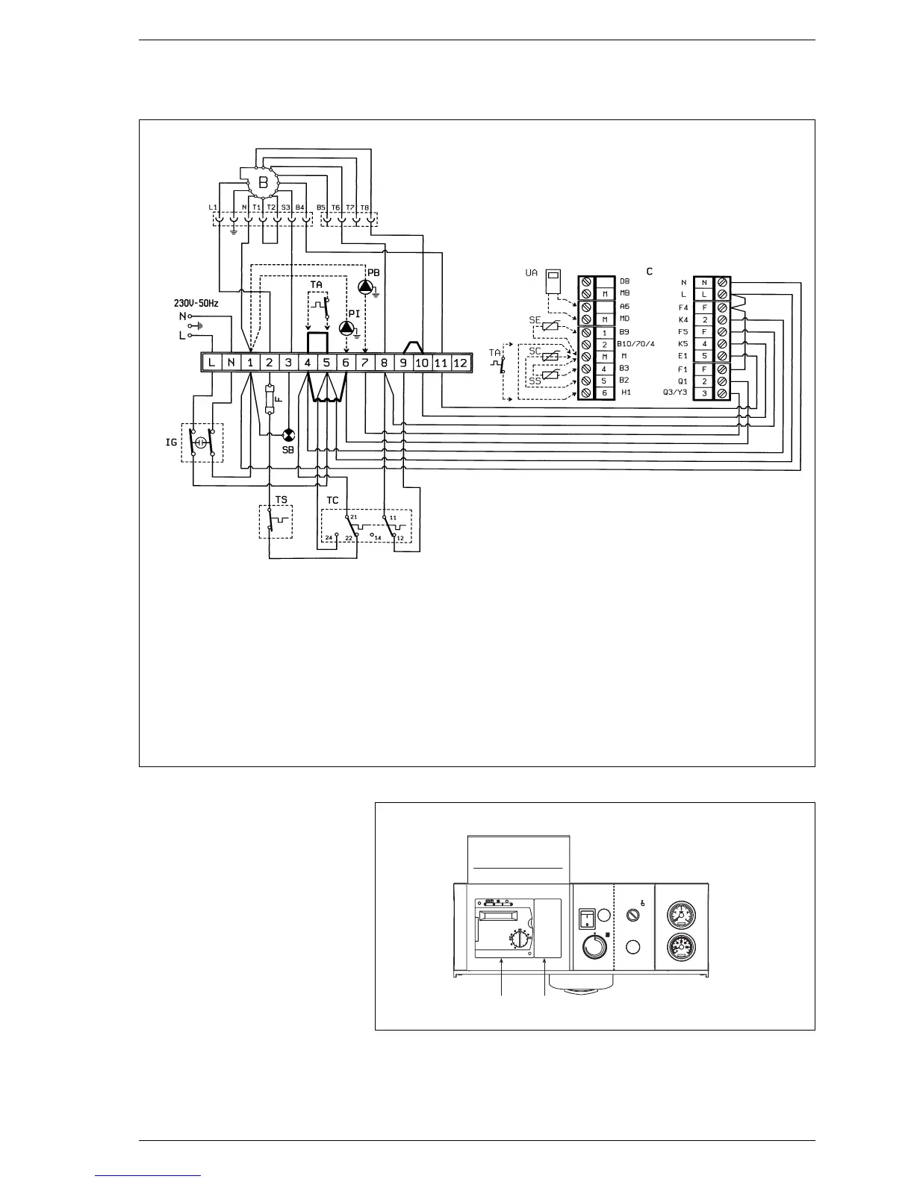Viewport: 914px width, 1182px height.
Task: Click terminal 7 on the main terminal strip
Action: click(364, 363)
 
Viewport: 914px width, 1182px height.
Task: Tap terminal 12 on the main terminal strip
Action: click(460, 363)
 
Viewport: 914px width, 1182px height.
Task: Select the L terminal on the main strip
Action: click(212, 363)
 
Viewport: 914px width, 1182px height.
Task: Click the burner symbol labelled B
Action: click(263, 182)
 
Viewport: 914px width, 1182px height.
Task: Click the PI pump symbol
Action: click(346, 328)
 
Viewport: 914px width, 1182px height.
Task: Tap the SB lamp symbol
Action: click(288, 435)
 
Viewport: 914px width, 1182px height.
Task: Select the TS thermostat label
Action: click(281, 500)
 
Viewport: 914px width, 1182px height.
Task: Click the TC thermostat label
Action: click(332, 500)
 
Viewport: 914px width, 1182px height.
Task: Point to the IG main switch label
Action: click(172, 443)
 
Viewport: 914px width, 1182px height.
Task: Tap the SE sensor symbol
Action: click(551, 326)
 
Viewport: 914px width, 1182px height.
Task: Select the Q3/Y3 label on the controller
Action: click(675, 393)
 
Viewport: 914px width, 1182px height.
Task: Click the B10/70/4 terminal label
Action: click(635, 344)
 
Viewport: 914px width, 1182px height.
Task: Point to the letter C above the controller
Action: click(650, 272)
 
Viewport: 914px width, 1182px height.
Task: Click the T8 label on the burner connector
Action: click(365, 207)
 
